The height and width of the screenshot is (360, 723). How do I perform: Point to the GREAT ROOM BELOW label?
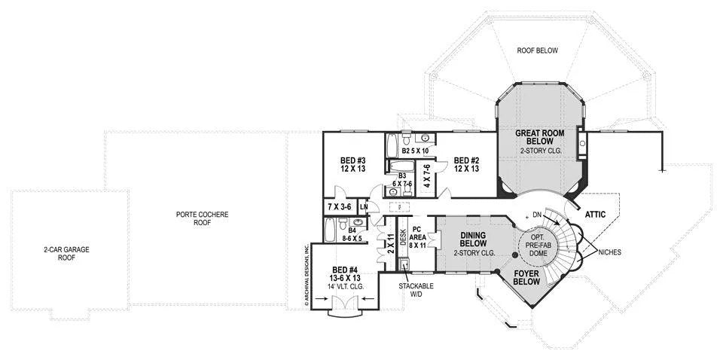pyautogui.click(x=539, y=137)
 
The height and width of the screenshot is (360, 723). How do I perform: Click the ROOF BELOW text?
pyautogui.click(x=537, y=50)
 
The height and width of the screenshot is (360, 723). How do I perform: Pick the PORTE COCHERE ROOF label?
pyautogui.click(x=203, y=218)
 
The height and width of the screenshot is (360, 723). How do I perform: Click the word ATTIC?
pyautogui.click(x=595, y=215)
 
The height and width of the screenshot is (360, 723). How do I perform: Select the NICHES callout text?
pyautogui.click(x=609, y=252)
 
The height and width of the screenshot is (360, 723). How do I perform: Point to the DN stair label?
pyautogui.click(x=537, y=215)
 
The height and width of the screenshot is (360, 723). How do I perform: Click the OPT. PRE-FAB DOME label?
pyautogui.click(x=536, y=246)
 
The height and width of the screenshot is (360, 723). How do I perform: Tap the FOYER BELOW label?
pyautogui.click(x=526, y=277)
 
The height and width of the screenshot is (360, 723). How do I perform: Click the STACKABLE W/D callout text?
pyautogui.click(x=416, y=289)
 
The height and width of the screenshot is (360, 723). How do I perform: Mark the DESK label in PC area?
pyautogui.click(x=402, y=239)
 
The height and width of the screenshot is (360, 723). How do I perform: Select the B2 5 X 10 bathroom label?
pyautogui.click(x=415, y=151)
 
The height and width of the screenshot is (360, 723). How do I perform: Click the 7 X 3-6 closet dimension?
pyautogui.click(x=340, y=207)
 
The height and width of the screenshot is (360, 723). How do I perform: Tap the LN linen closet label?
pyautogui.click(x=364, y=207)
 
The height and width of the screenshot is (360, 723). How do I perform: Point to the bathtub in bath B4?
pyautogui.click(x=329, y=230)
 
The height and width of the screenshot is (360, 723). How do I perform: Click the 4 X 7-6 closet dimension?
pyautogui.click(x=427, y=175)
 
